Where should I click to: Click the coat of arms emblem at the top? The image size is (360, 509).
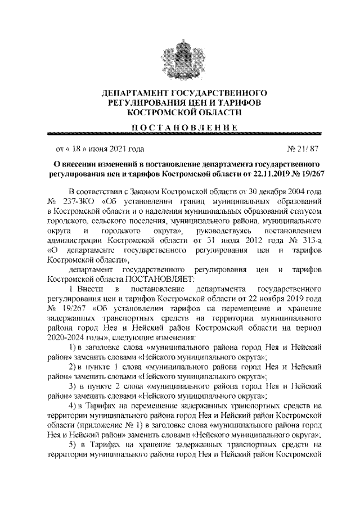pos(179,57)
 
